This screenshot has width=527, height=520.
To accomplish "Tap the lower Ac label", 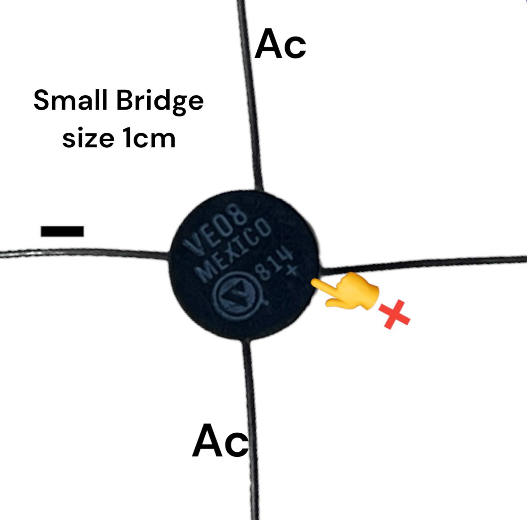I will point(220,441).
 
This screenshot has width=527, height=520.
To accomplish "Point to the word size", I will point(88,138).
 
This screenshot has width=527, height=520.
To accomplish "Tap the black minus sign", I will point(62,231).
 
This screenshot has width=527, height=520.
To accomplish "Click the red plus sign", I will point(394,315).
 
